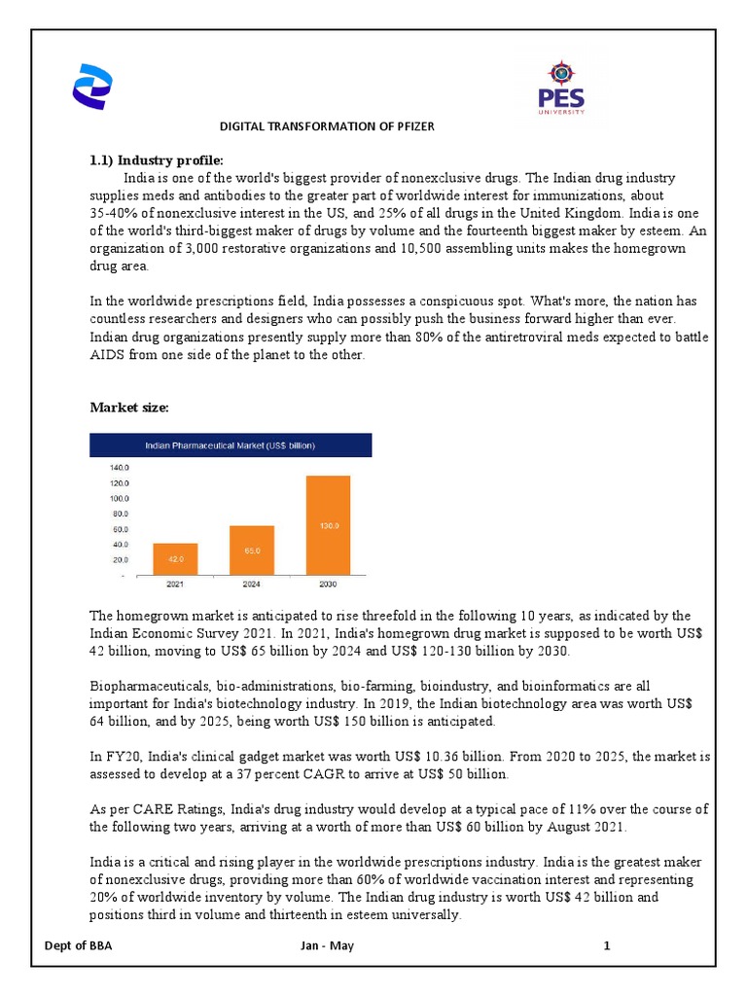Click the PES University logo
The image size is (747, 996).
pyautogui.click(x=562, y=87)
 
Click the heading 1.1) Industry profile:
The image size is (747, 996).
pyautogui.click(x=157, y=160)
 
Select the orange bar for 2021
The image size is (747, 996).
pyautogui.click(x=175, y=557)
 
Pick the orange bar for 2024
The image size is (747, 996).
pyautogui.click(x=251, y=550)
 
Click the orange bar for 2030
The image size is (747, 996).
pyautogui.click(x=328, y=525)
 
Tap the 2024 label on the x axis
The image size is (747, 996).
pyautogui.click(x=251, y=586)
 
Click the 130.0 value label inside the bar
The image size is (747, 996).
pyautogui.click(x=328, y=526)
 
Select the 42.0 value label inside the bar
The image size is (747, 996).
pyautogui.click(x=175, y=559)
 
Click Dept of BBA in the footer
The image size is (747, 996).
pyautogui.click(x=79, y=946)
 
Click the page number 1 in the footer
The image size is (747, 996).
pyautogui.click(x=606, y=946)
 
